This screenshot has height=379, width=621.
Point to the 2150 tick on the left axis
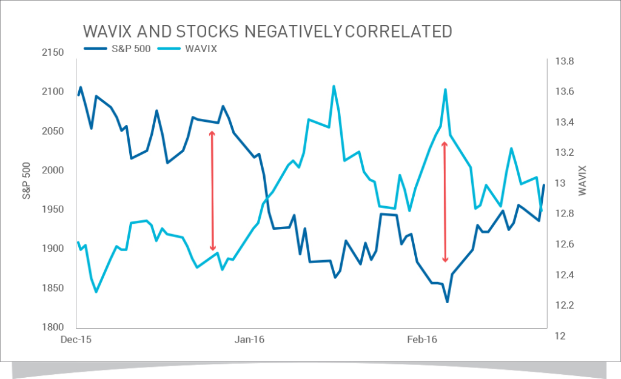(53, 53)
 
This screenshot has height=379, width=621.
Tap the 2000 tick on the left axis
(53, 170)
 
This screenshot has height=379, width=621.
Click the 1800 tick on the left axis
(53, 327)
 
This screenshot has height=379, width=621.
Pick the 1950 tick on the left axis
(53, 210)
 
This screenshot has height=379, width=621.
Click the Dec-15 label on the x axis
(76, 340)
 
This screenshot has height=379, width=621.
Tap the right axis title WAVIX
(583, 180)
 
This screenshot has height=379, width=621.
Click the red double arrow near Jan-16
(212, 190)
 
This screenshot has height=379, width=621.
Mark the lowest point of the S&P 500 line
(447, 301)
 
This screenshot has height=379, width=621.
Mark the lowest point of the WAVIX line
(96, 292)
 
